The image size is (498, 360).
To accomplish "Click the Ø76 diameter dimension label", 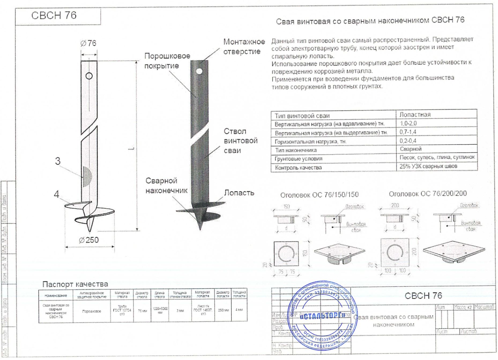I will pos(88,43).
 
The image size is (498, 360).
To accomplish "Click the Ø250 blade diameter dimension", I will pos(89,240).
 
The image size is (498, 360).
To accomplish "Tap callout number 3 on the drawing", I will pos(58,161).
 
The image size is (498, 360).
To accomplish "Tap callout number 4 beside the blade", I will pos(56,194).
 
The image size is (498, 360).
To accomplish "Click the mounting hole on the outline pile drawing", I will pos(89,76).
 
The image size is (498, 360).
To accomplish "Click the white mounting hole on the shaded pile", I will pos(199,71).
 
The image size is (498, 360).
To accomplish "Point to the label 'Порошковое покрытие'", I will pos(167,61).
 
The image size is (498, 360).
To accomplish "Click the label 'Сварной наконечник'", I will pos(166,185).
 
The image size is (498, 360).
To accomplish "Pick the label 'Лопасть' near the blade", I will pos(239,193).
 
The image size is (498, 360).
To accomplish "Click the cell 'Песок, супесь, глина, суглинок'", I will pos(437,157).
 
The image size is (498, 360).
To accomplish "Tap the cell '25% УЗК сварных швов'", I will pos(428,166).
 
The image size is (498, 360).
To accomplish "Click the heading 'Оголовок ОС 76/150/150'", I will pos(319,195).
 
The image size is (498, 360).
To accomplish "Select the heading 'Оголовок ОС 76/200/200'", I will pos(428,193).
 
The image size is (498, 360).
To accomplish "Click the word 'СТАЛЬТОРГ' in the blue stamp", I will pos(322,316).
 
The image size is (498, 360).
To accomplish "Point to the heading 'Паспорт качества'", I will pos(75,284).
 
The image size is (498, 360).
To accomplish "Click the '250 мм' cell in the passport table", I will pos(223,310).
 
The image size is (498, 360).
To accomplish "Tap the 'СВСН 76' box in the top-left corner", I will pos(54,16).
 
